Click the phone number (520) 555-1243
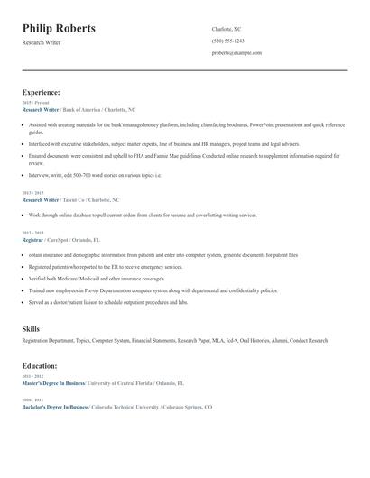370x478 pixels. pos(227,41)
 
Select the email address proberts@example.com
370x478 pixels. pos(236,52)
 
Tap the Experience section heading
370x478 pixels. pos(42,92)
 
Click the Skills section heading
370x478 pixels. pos(31,329)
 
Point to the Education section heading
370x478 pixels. pos(40,366)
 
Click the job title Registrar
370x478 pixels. pos(32,241)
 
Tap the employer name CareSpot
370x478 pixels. pos(59,241)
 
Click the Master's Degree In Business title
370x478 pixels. pos(53,383)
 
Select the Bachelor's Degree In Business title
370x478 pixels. pos(54,407)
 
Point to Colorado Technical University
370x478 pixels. pos(125,407)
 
